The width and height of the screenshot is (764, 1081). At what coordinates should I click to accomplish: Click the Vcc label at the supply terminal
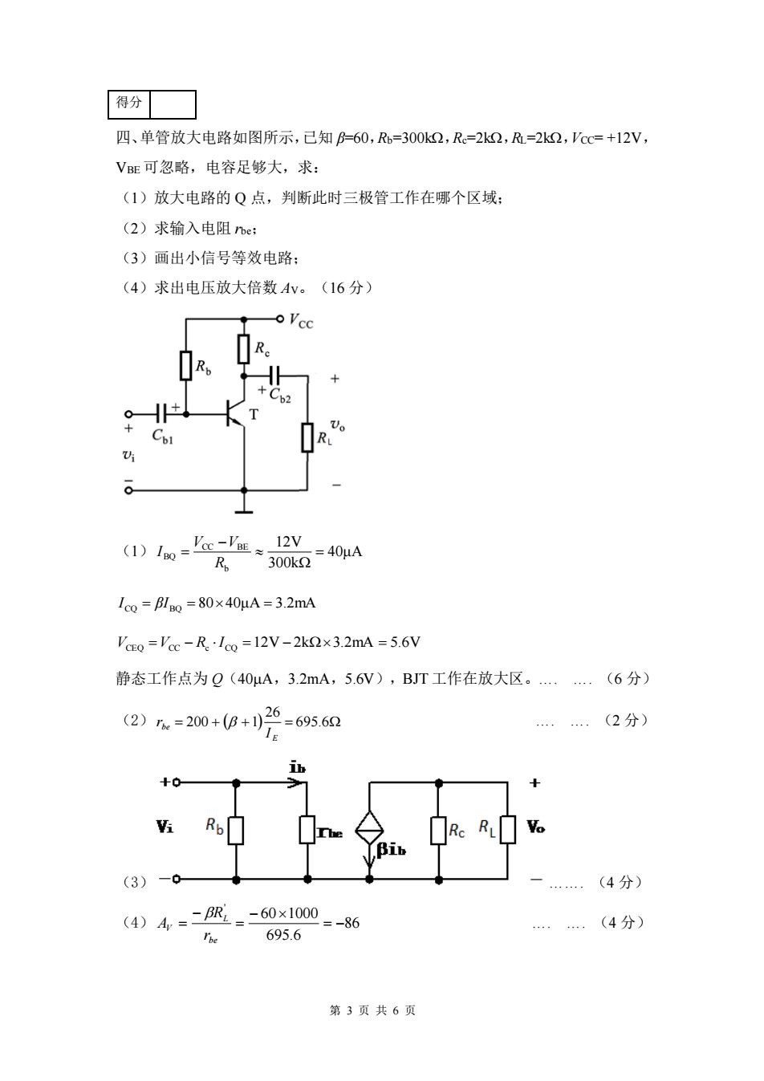point(301,320)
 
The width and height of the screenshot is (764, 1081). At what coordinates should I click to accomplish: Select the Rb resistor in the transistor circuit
point(186,365)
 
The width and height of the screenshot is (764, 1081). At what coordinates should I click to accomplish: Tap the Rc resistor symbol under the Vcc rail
point(244,348)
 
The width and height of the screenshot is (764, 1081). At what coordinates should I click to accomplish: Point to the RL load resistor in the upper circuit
point(307,437)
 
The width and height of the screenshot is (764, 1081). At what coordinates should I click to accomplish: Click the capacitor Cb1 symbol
point(161,413)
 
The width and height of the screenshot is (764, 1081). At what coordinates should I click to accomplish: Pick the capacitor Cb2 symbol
point(274,375)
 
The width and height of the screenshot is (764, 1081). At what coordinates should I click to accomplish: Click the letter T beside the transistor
point(254,415)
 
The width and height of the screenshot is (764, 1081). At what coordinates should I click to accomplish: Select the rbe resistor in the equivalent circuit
point(307,830)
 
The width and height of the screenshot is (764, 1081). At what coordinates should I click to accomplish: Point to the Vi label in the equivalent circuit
point(165,827)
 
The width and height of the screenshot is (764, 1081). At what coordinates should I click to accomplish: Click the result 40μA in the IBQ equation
point(344,551)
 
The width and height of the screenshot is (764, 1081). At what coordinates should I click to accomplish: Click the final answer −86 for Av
point(347,923)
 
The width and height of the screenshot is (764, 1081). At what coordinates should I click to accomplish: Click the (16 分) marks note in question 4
point(347,287)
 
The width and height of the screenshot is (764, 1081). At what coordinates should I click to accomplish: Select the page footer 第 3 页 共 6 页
point(372,1010)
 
